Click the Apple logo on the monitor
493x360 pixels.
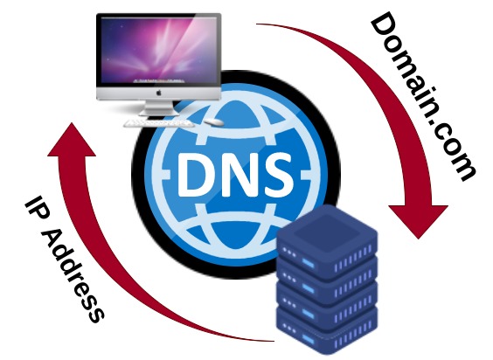tap(159, 93)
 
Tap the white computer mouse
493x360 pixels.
tap(214, 122)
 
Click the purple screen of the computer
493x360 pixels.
tap(159, 52)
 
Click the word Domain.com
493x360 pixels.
tap(423, 96)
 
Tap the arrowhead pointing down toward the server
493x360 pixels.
tap(419, 221)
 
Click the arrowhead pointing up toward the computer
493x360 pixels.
tap(73, 140)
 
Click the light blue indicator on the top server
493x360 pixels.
tap(308, 262)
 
